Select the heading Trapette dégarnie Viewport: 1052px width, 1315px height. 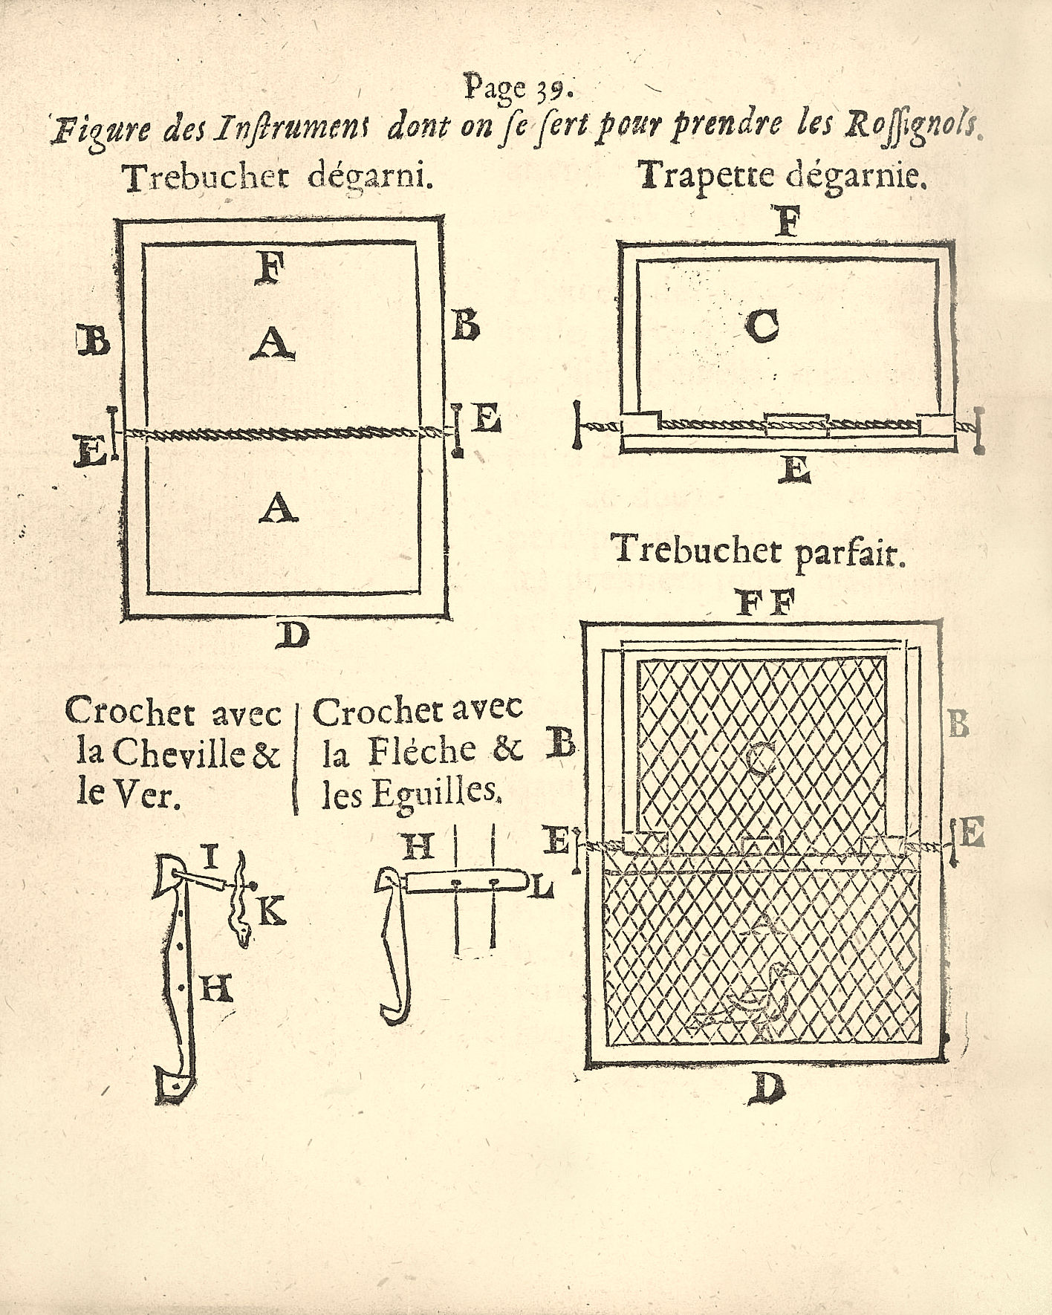point(780,176)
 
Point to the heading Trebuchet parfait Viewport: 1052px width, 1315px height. point(757,552)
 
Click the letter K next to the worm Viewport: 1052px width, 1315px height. point(272,910)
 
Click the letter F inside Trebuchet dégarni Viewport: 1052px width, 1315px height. point(269,269)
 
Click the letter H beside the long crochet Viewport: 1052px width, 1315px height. point(216,988)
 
